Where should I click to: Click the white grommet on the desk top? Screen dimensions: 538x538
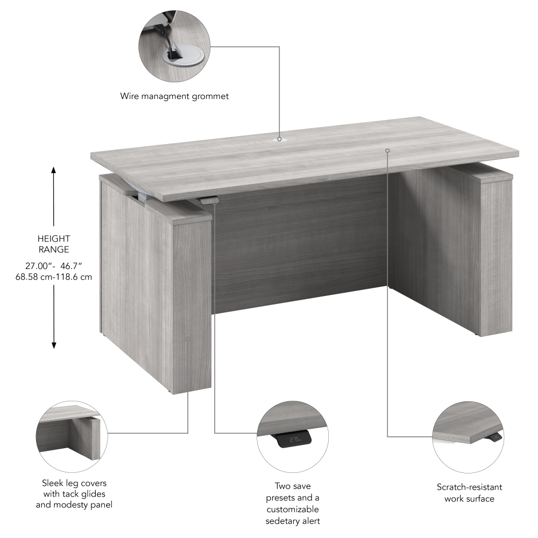pos(280,139)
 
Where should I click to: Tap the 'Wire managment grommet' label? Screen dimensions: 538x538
pos(174,96)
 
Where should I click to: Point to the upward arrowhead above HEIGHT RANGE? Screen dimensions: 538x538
pos(53,171)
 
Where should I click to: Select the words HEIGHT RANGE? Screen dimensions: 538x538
pos(53,244)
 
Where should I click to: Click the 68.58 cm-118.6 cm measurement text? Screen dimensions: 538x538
pos(54,277)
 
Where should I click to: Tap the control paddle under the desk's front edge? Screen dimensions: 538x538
pos(208,201)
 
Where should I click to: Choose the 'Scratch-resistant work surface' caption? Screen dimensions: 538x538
pos(469,493)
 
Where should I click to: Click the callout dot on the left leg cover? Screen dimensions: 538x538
pos(188,339)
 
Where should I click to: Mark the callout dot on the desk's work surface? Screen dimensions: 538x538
pos(387,150)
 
